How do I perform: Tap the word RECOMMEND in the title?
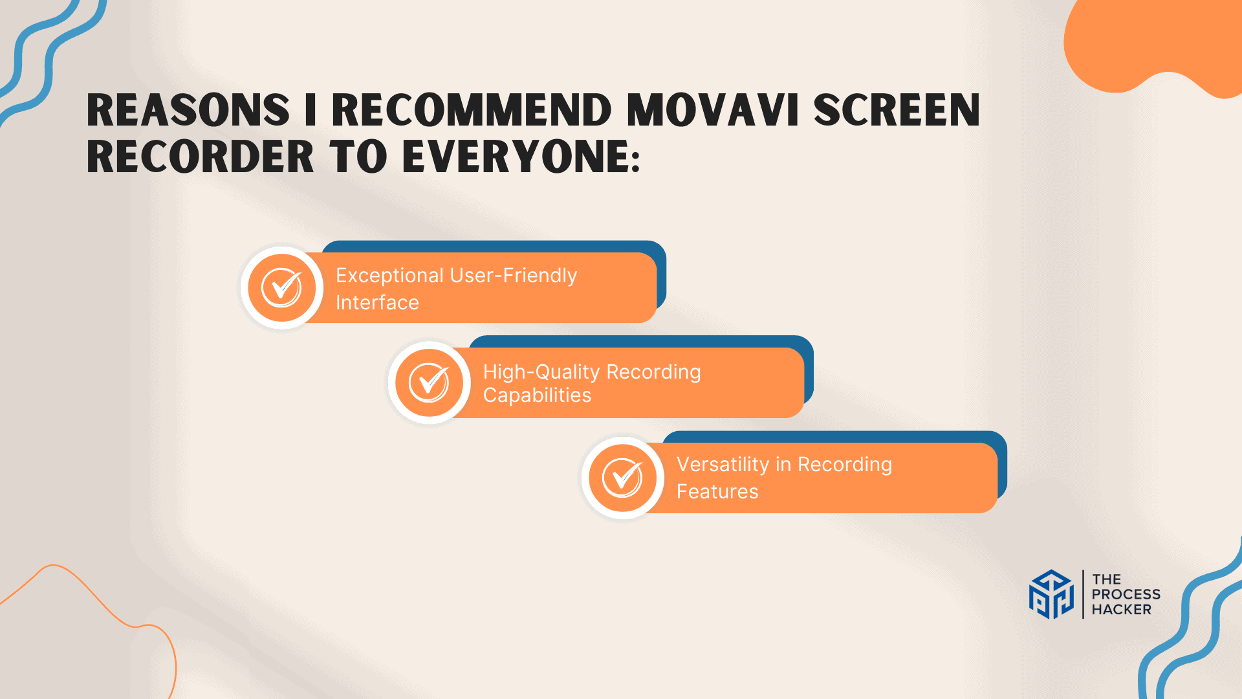(x=472, y=110)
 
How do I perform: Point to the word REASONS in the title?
(x=188, y=110)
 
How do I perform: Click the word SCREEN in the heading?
(x=897, y=110)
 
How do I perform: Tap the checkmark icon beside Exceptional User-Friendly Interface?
(x=282, y=287)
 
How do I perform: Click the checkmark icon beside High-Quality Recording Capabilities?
(x=429, y=383)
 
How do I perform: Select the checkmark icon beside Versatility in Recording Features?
(x=622, y=478)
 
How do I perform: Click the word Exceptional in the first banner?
(x=389, y=276)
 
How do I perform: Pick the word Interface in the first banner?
(x=377, y=303)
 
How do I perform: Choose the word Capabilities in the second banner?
(x=537, y=395)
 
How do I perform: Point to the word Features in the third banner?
(x=717, y=492)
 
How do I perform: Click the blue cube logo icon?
(x=1051, y=594)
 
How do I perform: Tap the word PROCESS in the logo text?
(x=1126, y=594)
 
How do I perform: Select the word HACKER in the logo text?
(x=1121, y=610)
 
